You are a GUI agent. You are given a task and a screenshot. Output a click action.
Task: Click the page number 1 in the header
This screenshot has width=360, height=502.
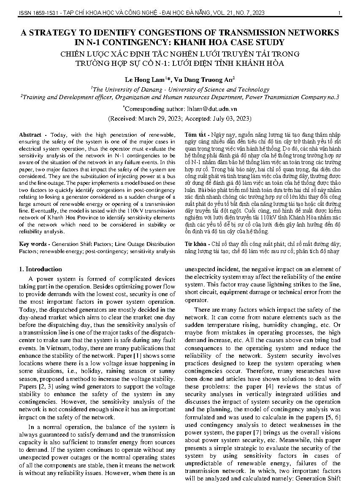[339, 13]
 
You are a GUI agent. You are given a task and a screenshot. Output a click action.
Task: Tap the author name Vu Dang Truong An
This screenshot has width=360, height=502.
[203, 79]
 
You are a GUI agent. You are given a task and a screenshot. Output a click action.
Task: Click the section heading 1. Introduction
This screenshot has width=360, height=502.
[41, 269]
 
